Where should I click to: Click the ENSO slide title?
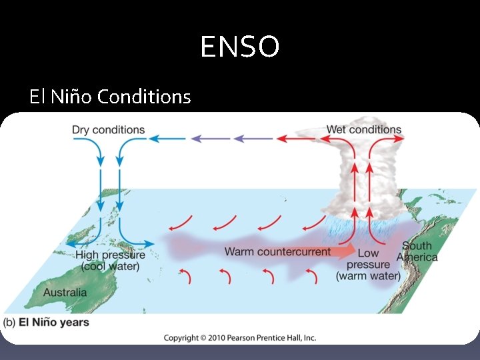click(x=240, y=47)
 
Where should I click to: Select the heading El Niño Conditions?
click(x=110, y=97)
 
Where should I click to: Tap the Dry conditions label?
click(x=108, y=130)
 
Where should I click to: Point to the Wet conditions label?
click(x=364, y=130)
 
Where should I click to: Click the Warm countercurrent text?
click(x=277, y=252)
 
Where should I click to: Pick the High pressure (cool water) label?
click(x=111, y=261)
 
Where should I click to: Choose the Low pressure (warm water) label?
click(x=368, y=264)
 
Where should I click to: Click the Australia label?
click(x=65, y=292)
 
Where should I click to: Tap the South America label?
click(x=417, y=251)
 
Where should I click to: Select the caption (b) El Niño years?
click(x=47, y=323)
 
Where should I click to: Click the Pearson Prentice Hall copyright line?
click(x=240, y=338)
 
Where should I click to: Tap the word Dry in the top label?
click(x=81, y=130)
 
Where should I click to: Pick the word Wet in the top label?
click(x=337, y=130)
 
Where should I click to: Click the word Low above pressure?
click(x=368, y=253)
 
